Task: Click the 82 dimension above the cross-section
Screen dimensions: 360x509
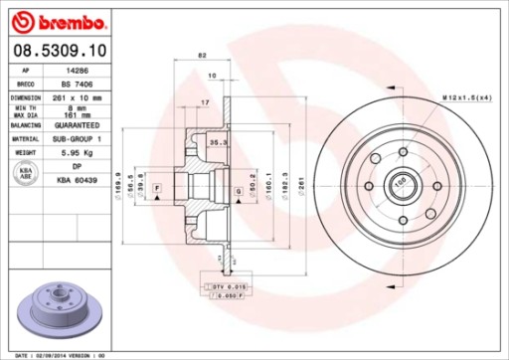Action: pos(201,56)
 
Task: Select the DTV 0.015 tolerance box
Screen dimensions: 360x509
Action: pos(229,286)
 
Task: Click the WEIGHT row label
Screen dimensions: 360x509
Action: pos(25,154)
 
